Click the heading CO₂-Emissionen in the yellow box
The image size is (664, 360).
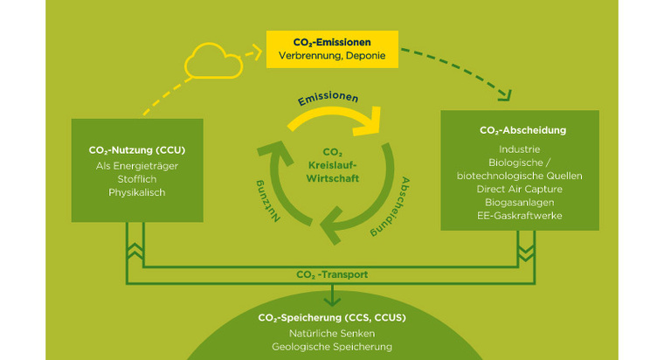click(332, 41)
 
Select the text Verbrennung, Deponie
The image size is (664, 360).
click(332, 57)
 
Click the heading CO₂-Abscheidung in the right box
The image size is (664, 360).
click(523, 130)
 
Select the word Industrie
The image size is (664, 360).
click(523, 149)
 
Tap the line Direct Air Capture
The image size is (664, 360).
click(523, 189)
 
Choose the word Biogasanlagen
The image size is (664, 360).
click(523, 202)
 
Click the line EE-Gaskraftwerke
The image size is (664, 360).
click(523, 215)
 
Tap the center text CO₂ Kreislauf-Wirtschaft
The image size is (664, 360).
click(331, 165)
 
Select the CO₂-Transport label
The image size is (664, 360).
click(332, 274)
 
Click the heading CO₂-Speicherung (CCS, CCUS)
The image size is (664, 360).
click(331, 317)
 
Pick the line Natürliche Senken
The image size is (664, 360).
click(331, 334)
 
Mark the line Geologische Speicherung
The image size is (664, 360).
click(331, 347)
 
